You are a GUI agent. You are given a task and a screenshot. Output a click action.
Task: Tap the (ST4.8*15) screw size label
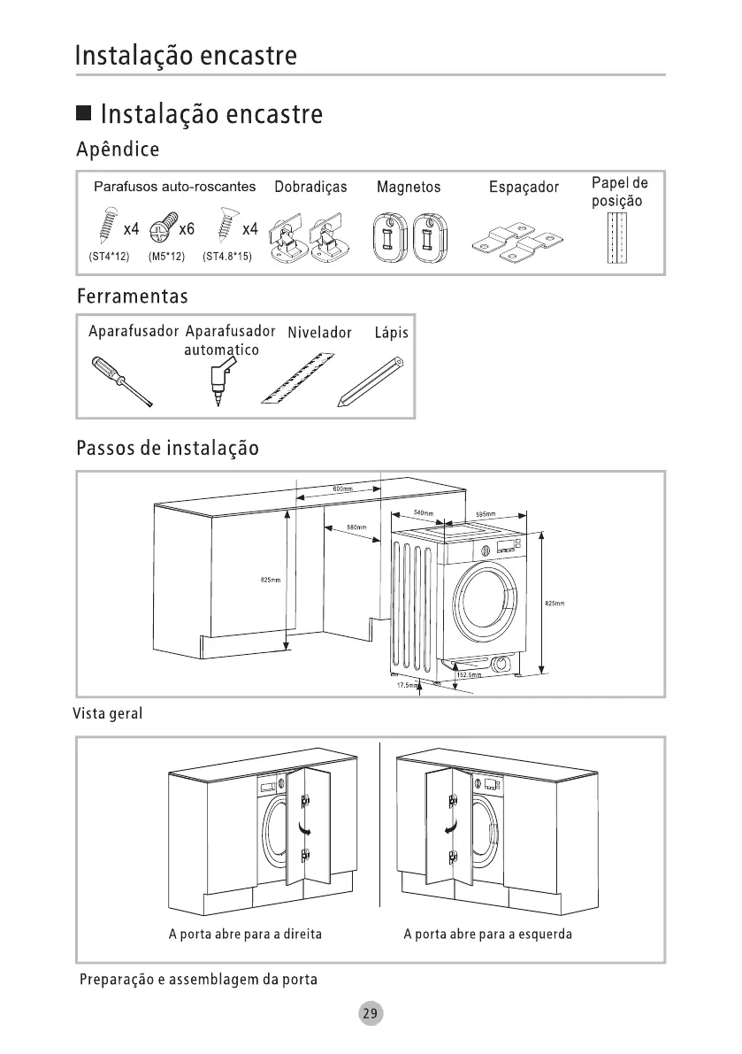pos(227,257)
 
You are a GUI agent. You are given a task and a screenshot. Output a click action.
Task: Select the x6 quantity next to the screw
pos(186,229)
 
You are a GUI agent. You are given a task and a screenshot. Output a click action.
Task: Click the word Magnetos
pos(408,188)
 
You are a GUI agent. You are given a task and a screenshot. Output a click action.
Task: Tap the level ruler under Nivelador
pos(299,379)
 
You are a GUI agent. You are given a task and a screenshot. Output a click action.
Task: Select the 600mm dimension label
pos(343,489)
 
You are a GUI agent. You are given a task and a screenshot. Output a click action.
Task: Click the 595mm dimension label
pos(485,514)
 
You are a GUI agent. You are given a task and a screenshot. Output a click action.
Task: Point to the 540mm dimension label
pos(423,513)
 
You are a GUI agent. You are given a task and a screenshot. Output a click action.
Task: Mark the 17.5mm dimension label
pos(406,685)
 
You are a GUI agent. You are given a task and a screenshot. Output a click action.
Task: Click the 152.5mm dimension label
pos(468,674)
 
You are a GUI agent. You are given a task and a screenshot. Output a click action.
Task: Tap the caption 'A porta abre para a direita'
pos(245,934)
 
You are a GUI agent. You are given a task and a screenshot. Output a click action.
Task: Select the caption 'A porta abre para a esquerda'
pos(487,934)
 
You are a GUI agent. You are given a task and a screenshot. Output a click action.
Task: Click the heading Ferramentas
pos(132,295)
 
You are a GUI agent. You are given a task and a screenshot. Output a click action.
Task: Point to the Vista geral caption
pos(106,713)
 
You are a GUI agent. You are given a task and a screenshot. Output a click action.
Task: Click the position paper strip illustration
pos(617,239)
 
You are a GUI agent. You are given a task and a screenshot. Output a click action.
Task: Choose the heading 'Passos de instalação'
pos(167,448)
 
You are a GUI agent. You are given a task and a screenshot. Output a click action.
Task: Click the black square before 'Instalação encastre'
pos(84,114)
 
